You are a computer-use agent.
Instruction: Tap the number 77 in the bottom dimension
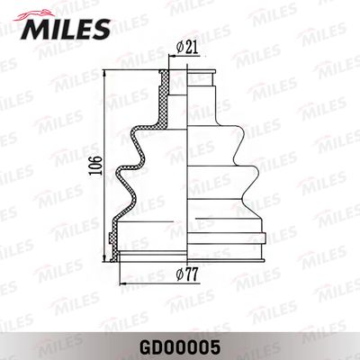coord(193,274)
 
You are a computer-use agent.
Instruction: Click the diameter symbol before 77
coord(180,274)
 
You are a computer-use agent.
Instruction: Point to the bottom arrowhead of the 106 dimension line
coord(105,258)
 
